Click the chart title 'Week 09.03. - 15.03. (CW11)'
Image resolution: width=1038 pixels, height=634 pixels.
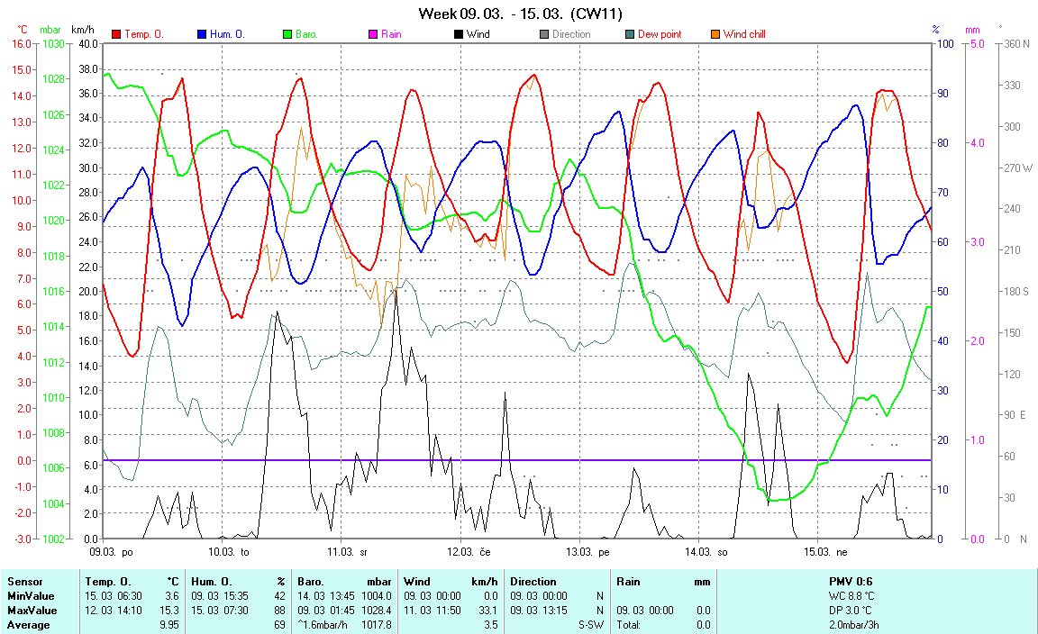click(520, 14)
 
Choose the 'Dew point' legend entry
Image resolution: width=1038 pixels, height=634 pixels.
click(659, 34)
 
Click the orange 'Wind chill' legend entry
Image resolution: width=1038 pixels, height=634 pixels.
click(743, 34)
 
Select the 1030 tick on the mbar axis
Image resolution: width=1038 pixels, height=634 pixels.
click(53, 43)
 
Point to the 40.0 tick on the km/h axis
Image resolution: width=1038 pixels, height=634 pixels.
click(88, 43)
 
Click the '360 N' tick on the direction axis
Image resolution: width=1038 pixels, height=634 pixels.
click(1016, 43)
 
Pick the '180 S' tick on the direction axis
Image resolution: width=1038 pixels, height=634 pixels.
click(1016, 291)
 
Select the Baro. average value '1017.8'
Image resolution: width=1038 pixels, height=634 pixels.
click(378, 625)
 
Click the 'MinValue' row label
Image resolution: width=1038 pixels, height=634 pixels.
click(30, 596)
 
